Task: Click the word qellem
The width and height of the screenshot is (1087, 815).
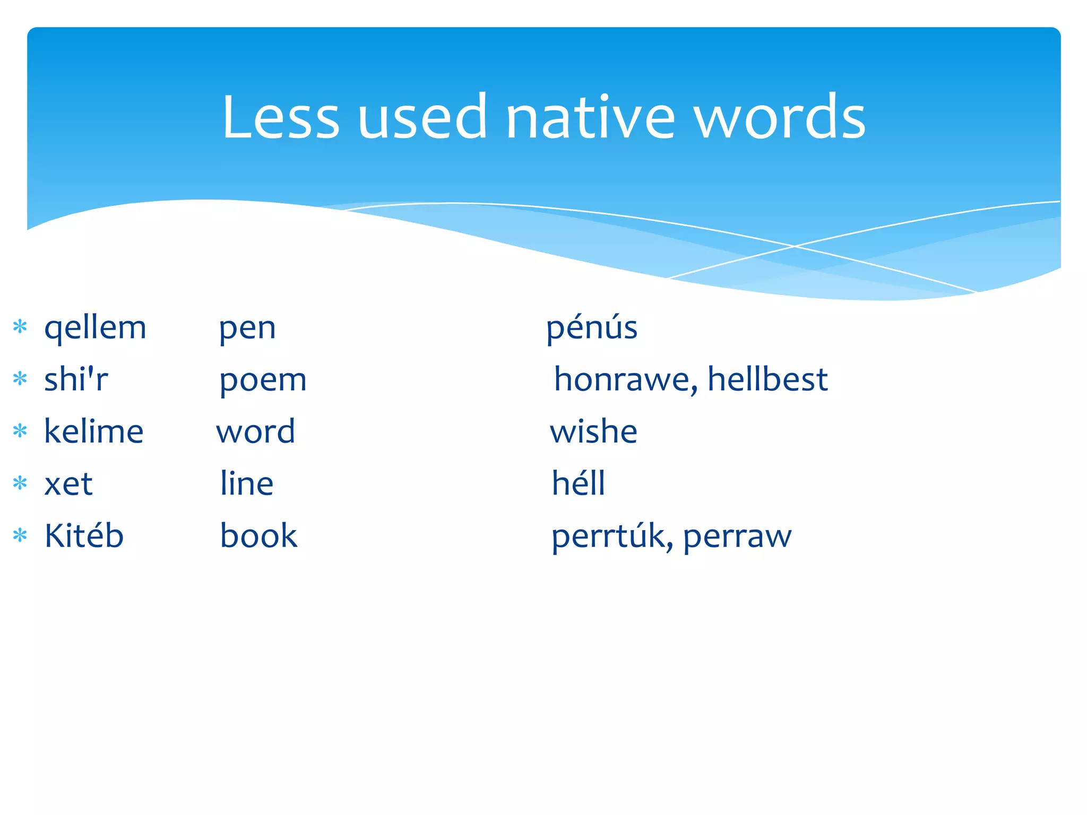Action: pos(95,328)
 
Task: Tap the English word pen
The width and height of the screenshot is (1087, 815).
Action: pos(247,328)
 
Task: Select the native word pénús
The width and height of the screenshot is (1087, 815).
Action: pos(592,328)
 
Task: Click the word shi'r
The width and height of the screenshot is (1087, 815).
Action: pos(76,379)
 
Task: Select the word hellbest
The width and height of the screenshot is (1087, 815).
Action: pos(767,379)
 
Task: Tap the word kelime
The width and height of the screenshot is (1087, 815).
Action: pos(93,431)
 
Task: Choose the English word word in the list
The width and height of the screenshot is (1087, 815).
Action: pos(255,431)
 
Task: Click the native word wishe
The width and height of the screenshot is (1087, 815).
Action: pos(593,431)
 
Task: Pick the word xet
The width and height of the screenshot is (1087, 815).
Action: pos(68,483)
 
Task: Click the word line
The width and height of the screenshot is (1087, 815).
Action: pos(247,483)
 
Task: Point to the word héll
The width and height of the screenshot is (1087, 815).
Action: pos(578,483)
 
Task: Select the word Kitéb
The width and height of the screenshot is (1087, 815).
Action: pos(84,535)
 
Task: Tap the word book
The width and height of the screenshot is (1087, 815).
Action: pos(258,535)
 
